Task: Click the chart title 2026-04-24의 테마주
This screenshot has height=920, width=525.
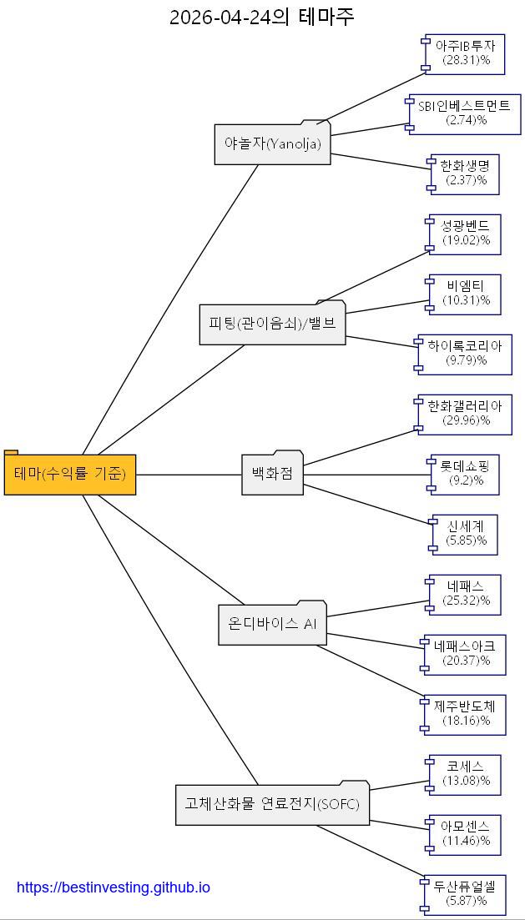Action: (x=262, y=17)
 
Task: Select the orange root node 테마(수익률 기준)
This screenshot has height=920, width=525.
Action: (x=70, y=473)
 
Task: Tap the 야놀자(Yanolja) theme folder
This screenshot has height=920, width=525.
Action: (x=272, y=143)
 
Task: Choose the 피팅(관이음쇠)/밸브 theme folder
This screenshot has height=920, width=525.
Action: (x=272, y=322)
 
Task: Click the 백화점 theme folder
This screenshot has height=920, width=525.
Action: (x=272, y=473)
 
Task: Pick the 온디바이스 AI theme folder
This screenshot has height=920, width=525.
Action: (x=272, y=623)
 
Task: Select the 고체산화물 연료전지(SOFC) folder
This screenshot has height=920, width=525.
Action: (x=272, y=803)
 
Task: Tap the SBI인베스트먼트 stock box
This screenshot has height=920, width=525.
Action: (x=464, y=113)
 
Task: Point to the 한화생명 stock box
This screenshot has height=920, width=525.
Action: (x=464, y=174)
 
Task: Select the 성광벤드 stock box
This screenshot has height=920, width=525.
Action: (x=464, y=234)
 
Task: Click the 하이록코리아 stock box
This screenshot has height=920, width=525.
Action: (x=464, y=354)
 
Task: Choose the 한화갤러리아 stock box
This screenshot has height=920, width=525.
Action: (x=464, y=415)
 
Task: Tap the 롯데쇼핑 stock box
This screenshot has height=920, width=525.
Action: (x=464, y=475)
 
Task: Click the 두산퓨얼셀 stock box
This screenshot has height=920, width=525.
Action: (x=464, y=895)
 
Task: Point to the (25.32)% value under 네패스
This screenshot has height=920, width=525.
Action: (x=467, y=601)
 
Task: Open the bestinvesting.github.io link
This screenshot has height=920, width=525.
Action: (x=114, y=887)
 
